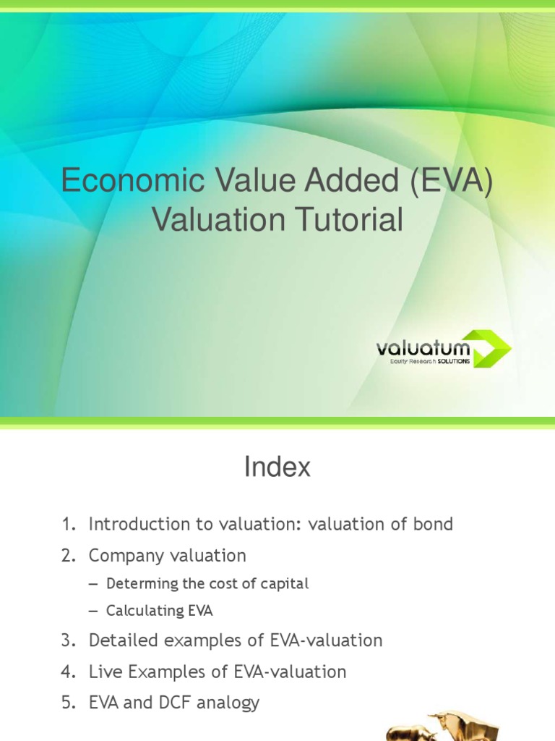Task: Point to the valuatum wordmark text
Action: pyautogui.click(x=423, y=348)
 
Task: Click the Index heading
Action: pyautogui.click(x=277, y=467)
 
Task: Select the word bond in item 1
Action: pyautogui.click(x=434, y=524)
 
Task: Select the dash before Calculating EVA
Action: pyautogui.click(x=92, y=611)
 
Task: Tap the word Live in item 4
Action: pyautogui.click(x=103, y=672)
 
